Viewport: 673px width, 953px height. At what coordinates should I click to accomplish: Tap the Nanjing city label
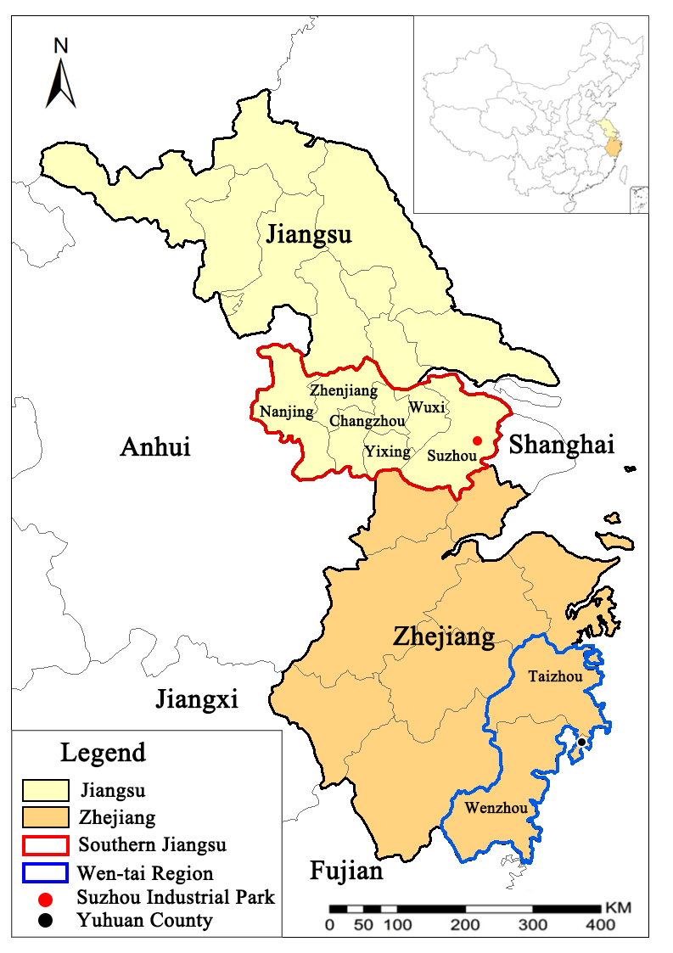click(286, 412)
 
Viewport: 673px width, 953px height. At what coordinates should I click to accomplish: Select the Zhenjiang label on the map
click(344, 390)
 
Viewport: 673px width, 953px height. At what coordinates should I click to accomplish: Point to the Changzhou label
click(366, 420)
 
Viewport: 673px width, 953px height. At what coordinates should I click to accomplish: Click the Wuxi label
click(427, 407)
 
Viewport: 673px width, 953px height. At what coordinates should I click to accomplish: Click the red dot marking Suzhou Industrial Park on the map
click(477, 440)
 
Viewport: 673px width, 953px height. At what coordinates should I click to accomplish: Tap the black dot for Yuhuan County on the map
click(581, 743)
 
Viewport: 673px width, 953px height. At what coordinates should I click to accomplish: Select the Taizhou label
click(555, 676)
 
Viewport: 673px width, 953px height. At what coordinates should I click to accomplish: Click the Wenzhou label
click(496, 808)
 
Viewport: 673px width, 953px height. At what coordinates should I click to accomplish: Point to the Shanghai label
click(561, 444)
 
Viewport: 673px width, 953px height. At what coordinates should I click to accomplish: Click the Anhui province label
click(155, 446)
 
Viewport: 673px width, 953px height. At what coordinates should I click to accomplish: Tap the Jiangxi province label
click(196, 699)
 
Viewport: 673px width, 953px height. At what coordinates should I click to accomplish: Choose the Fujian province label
click(346, 871)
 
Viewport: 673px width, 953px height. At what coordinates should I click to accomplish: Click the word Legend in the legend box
click(103, 752)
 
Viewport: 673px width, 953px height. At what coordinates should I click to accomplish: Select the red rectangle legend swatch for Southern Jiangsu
click(45, 845)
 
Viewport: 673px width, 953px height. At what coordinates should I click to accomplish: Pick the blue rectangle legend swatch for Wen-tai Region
click(45, 872)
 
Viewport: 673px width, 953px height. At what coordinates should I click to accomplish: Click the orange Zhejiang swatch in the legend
click(45, 818)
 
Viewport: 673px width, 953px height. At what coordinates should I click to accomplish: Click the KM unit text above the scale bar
click(618, 907)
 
